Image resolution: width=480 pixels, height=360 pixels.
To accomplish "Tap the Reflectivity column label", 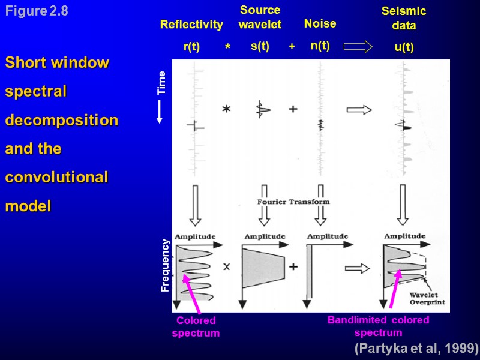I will coord(191,25).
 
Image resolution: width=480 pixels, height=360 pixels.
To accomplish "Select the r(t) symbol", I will coord(191,47).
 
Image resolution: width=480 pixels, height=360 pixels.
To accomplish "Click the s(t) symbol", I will coord(260,46).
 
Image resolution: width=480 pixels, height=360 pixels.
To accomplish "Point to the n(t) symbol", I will coord(320,46).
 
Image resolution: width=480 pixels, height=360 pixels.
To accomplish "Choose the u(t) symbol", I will coord(404,48).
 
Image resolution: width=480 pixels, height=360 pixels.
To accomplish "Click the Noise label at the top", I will coord(320,24).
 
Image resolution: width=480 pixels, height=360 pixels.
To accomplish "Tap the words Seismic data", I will coord(404,19).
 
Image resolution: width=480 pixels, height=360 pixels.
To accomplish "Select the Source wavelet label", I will coord(260,17).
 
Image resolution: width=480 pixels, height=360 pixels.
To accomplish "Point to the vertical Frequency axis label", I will coord(165,265).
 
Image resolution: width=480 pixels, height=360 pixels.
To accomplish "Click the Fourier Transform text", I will coord(294,202).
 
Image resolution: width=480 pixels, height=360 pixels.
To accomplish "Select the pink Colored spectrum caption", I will coord(196,326).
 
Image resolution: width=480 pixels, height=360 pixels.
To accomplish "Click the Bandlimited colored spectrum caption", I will coord(378,326).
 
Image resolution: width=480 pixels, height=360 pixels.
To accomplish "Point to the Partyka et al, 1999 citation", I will coord(416,348).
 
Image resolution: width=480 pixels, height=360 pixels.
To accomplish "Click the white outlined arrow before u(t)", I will coord(359,47).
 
